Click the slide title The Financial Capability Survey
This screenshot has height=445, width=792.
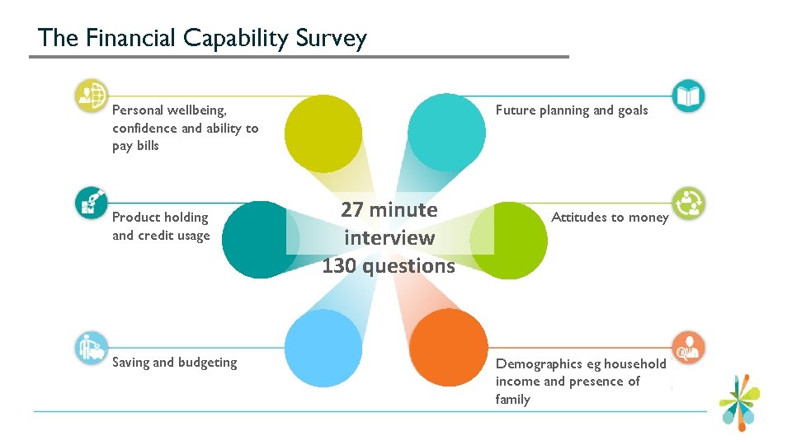[202, 38]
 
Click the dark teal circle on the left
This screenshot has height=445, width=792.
[260, 240]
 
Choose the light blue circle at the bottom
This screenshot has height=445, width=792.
[323, 347]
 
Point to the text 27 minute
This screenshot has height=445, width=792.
[389, 209]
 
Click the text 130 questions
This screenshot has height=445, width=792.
[389, 266]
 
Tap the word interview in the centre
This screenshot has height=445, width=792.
[389, 238]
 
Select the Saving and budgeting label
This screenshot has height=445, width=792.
[174, 363]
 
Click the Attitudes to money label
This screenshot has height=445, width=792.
[610, 218]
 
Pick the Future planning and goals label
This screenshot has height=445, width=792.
[572, 110]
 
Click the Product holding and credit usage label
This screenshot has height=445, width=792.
[161, 227]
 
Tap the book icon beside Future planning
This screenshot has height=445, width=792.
[688, 96]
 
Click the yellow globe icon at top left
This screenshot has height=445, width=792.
[91, 96]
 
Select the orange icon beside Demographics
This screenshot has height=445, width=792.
[688, 347]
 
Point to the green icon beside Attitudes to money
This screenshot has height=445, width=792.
[688, 204]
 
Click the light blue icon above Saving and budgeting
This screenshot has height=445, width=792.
[91, 347]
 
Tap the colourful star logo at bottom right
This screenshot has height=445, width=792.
[742, 401]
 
